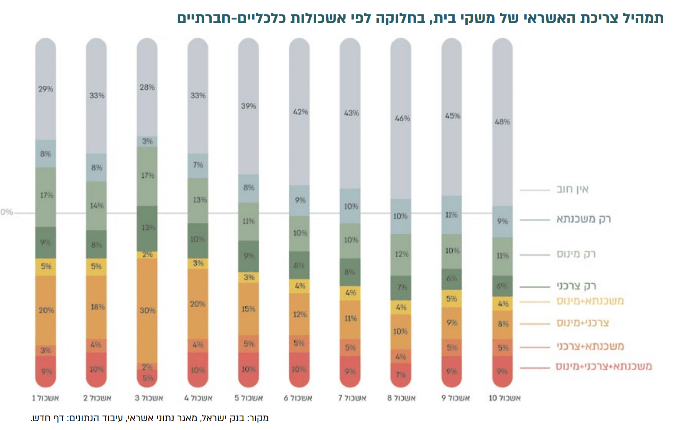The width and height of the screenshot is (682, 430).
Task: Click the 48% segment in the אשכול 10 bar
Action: tap(502, 122)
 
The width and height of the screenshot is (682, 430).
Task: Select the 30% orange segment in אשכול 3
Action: tap(147, 310)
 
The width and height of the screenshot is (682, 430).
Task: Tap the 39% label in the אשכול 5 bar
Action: tap(248, 106)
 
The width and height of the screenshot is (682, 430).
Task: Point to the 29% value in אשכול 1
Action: tap(46, 89)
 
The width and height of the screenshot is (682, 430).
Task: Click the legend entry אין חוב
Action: tap(572, 189)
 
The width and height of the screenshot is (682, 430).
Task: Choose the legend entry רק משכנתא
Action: tap(583, 219)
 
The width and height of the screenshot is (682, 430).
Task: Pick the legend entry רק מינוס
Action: tap(576, 254)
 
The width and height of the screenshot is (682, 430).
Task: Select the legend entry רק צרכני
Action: tap(576, 286)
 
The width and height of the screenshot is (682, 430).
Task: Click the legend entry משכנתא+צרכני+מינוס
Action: tap(604, 367)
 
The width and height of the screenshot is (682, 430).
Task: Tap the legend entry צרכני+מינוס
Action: tap(583, 323)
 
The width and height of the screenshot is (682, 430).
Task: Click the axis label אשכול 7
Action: tap(352, 398)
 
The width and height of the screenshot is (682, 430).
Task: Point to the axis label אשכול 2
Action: tap(97, 398)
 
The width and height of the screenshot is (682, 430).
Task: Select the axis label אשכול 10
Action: tap(505, 398)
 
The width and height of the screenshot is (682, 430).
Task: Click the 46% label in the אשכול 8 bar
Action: tap(402, 119)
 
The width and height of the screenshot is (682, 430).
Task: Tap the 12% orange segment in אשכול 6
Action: tap(300, 315)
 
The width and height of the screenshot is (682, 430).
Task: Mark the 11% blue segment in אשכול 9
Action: tap(452, 215)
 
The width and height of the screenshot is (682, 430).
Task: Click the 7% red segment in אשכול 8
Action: tap(401, 374)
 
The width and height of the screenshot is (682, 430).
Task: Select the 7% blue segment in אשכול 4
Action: tap(198, 165)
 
